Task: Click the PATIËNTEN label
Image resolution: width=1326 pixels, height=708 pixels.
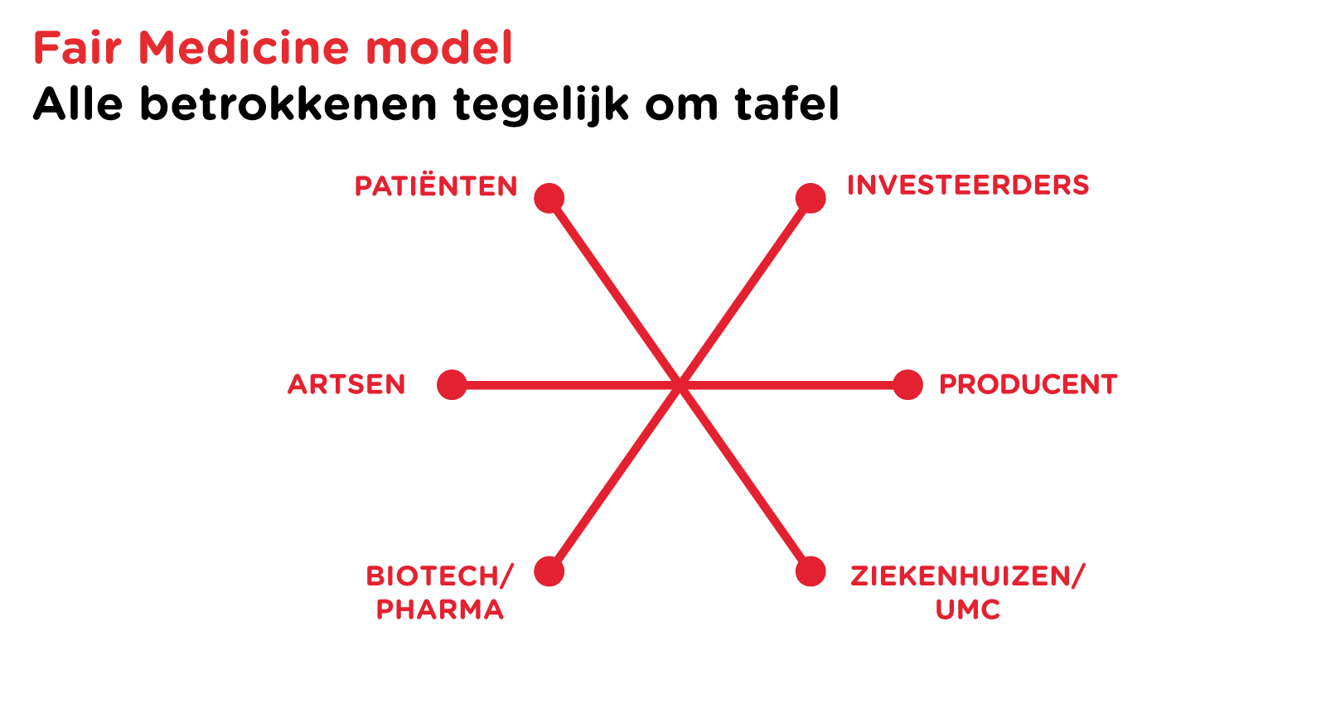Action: tap(436, 185)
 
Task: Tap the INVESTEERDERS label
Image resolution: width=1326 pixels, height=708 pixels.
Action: tap(968, 185)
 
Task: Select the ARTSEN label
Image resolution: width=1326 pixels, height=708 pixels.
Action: tap(346, 384)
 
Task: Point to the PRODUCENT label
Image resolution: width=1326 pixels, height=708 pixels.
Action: tap(1028, 384)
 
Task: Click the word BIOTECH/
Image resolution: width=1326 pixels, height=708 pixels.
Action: tap(440, 576)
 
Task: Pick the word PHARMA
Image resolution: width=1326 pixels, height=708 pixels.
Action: tap(440, 609)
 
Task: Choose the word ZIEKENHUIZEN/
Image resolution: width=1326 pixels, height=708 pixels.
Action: tap(968, 576)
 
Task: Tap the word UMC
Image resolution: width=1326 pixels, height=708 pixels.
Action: tap(968, 609)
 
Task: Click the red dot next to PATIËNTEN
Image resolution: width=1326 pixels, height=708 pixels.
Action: tap(549, 198)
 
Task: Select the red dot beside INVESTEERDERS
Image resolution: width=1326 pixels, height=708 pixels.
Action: tap(811, 198)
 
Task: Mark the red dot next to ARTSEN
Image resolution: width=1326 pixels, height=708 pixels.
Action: tap(452, 385)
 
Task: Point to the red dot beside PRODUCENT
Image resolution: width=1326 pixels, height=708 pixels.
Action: tap(908, 385)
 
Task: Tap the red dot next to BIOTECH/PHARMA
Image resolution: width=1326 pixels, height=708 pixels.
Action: tap(549, 571)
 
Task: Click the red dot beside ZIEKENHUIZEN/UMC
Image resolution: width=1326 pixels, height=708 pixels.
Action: tap(811, 571)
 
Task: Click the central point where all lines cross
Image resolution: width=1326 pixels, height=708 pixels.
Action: tap(680, 385)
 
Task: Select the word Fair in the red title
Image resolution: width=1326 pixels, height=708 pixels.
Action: tap(78, 48)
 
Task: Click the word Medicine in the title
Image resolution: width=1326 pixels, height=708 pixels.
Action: tap(244, 48)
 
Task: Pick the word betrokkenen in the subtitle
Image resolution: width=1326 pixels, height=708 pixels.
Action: tap(289, 104)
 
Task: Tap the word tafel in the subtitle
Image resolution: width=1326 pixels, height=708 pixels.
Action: tap(786, 104)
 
